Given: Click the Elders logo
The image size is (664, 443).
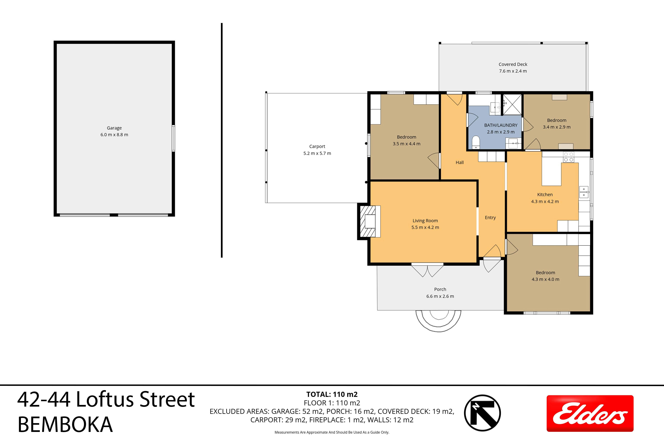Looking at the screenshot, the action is point(590,413).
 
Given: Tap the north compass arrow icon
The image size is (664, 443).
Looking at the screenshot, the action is point(483,413).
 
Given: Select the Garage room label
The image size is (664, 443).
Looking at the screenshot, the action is point(114,128).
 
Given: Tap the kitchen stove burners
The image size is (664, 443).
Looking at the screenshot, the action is point(569,157).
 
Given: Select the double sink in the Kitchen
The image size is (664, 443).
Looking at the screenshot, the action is point(584,192).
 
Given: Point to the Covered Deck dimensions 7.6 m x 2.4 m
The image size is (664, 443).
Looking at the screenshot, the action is point(513,71).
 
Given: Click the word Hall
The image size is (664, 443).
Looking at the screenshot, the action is point(460,162).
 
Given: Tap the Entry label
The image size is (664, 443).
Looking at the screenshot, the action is point(490,217).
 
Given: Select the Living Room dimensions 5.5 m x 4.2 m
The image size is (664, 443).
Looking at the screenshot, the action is point(425,227).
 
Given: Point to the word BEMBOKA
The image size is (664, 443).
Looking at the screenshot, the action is point(65,425).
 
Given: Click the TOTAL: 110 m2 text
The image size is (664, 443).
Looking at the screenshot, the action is point(332,394).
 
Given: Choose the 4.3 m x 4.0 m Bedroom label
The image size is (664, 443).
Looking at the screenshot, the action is point(545,276).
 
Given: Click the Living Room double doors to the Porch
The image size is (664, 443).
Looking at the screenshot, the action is point(427,270).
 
